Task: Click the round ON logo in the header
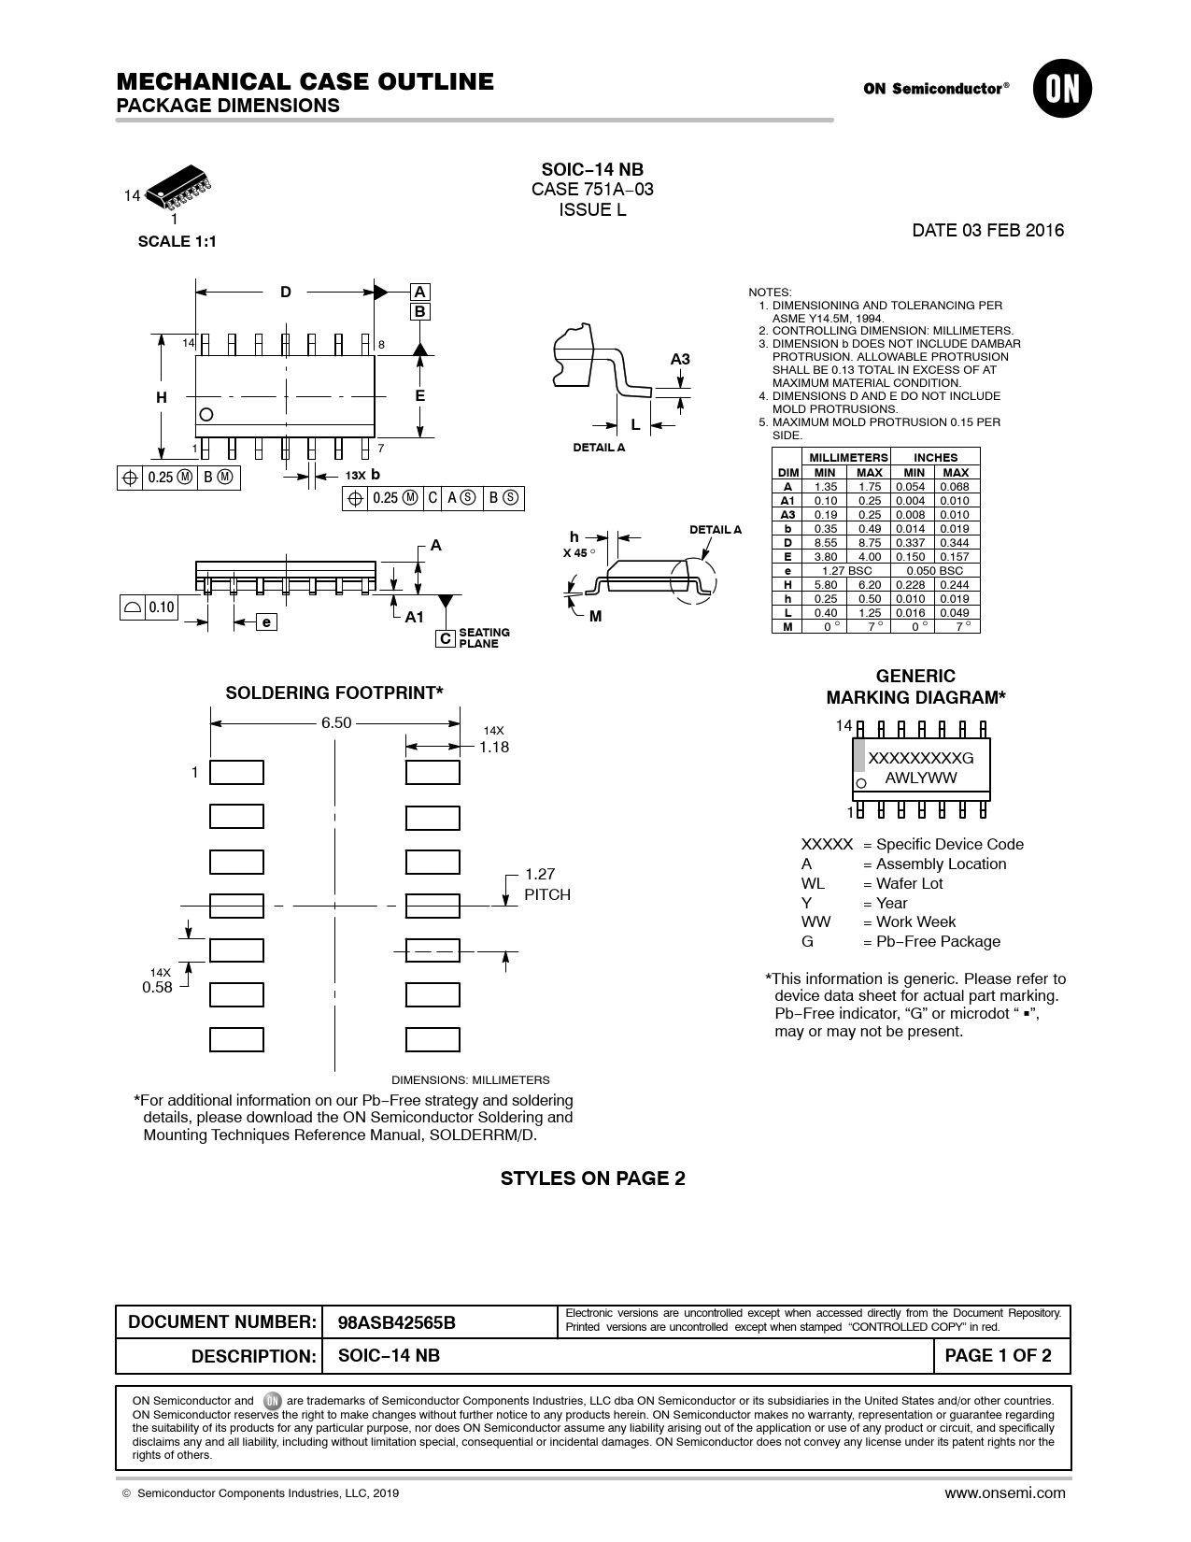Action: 1062,89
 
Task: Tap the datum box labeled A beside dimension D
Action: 420,292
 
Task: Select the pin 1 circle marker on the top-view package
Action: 206,414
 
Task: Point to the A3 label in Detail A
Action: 680,359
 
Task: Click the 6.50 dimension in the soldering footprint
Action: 336,722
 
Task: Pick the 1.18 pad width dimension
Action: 494,747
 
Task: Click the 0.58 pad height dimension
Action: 157,987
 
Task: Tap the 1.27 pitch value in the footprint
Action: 540,874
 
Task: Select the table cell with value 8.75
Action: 869,542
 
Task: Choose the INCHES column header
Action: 935,457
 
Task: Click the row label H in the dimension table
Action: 787,584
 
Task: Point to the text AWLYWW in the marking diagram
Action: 921,777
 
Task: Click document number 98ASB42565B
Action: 397,1322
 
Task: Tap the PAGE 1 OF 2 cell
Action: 998,1356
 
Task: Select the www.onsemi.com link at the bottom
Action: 1004,1492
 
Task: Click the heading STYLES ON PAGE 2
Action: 593,1178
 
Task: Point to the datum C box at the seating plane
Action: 446,638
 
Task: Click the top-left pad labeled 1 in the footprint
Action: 236,773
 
